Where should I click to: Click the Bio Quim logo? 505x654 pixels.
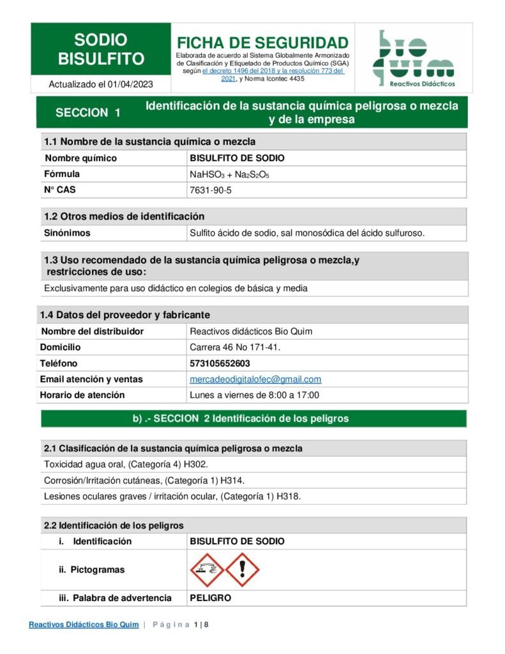tap(413, 58)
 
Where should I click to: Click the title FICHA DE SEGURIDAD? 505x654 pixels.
tap(262, 43)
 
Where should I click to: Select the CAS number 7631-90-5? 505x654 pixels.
tap(211, 190)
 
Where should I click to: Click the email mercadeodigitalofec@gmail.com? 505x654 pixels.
tap(255, 379)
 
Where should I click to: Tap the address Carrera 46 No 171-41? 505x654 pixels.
tap(235, 347)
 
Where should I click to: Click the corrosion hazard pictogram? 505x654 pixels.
tap(207, 570)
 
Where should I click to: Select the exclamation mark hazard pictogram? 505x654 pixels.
tap(243, 570)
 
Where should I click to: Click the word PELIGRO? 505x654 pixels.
tap(210, 598)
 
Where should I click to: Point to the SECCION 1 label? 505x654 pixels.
tap(88, 113)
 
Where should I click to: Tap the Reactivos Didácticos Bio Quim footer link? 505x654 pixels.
tap(84, 625)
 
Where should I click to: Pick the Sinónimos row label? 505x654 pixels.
tap(67, 233)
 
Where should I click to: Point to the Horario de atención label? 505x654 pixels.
tap(82, 395)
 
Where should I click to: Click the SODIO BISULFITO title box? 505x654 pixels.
tap(101, 50)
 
